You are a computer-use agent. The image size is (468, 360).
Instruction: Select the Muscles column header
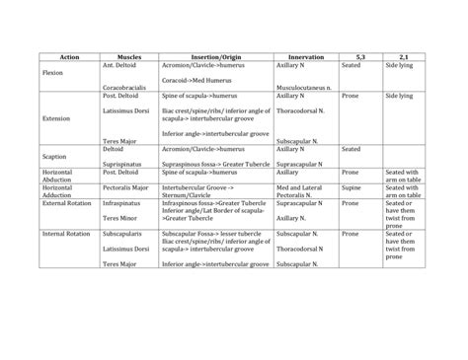129,57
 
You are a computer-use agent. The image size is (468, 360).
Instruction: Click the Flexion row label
53,73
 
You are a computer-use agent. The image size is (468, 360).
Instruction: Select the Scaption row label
55,155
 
